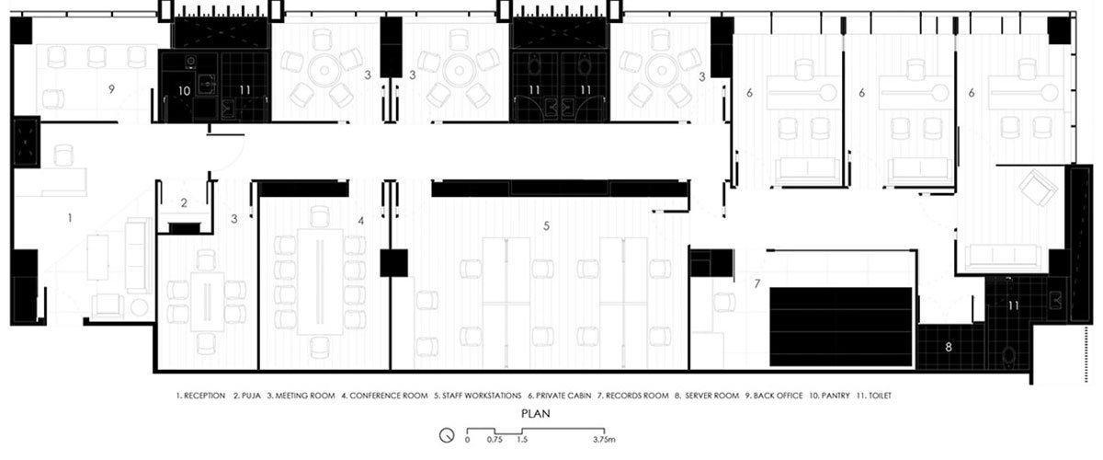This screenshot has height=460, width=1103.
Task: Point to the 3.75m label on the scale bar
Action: click(604, 441)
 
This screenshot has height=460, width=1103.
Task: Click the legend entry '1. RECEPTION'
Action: click(200, 396)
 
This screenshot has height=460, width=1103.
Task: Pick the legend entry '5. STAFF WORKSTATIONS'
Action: click(478, 396)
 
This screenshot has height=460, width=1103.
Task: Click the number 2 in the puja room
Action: click(184, 202)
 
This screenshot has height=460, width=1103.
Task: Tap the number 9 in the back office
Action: click(110, 88)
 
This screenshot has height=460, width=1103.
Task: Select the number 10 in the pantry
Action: click(184, 90)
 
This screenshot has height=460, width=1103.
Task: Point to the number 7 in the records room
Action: click(756, 282)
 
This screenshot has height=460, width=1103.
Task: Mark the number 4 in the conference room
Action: click(361, 221)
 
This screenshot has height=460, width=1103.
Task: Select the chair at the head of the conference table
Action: click(318, 216)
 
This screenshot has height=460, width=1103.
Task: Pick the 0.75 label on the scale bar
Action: click(495, 441)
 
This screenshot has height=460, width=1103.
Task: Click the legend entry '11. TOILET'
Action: click(871, 396)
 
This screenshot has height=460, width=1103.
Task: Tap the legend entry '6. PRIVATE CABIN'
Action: click(557, 396)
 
